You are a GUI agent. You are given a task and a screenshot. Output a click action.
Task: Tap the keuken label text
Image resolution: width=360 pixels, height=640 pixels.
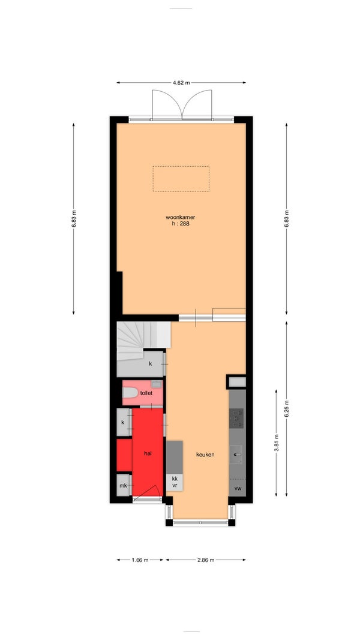coord(205,455)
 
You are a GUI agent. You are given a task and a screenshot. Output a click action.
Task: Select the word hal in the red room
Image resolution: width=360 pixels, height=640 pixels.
coord(148,453)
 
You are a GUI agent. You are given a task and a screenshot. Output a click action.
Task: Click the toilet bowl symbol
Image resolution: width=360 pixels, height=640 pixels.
coord(130,393)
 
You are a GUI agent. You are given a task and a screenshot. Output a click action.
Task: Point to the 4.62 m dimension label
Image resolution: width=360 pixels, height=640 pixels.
coord(181,82)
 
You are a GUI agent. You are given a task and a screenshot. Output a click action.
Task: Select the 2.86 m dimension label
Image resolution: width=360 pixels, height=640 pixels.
coord(205,560)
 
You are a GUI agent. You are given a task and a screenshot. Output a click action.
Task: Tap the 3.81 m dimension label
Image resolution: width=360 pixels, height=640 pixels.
coord(277,443)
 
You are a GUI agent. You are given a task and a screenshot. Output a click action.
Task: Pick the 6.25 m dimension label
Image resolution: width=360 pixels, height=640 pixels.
coord(287,408)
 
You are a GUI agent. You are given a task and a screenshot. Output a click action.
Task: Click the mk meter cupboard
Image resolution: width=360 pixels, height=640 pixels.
coord(123,486)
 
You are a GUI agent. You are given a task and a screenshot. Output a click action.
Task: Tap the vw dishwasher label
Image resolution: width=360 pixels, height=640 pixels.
coord(238,488)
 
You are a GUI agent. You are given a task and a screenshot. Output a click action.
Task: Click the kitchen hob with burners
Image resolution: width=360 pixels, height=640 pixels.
coord(236,418)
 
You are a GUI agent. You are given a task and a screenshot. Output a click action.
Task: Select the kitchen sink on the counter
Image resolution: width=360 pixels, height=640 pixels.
coord(236,454)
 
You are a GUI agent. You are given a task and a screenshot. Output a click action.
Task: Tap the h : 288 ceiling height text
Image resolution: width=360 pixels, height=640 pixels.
coord(181,224)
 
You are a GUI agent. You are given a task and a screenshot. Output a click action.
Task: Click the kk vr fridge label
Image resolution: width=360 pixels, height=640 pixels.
coord(175,482)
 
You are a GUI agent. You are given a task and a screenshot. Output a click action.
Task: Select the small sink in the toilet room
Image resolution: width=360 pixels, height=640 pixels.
coord(157,384)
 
